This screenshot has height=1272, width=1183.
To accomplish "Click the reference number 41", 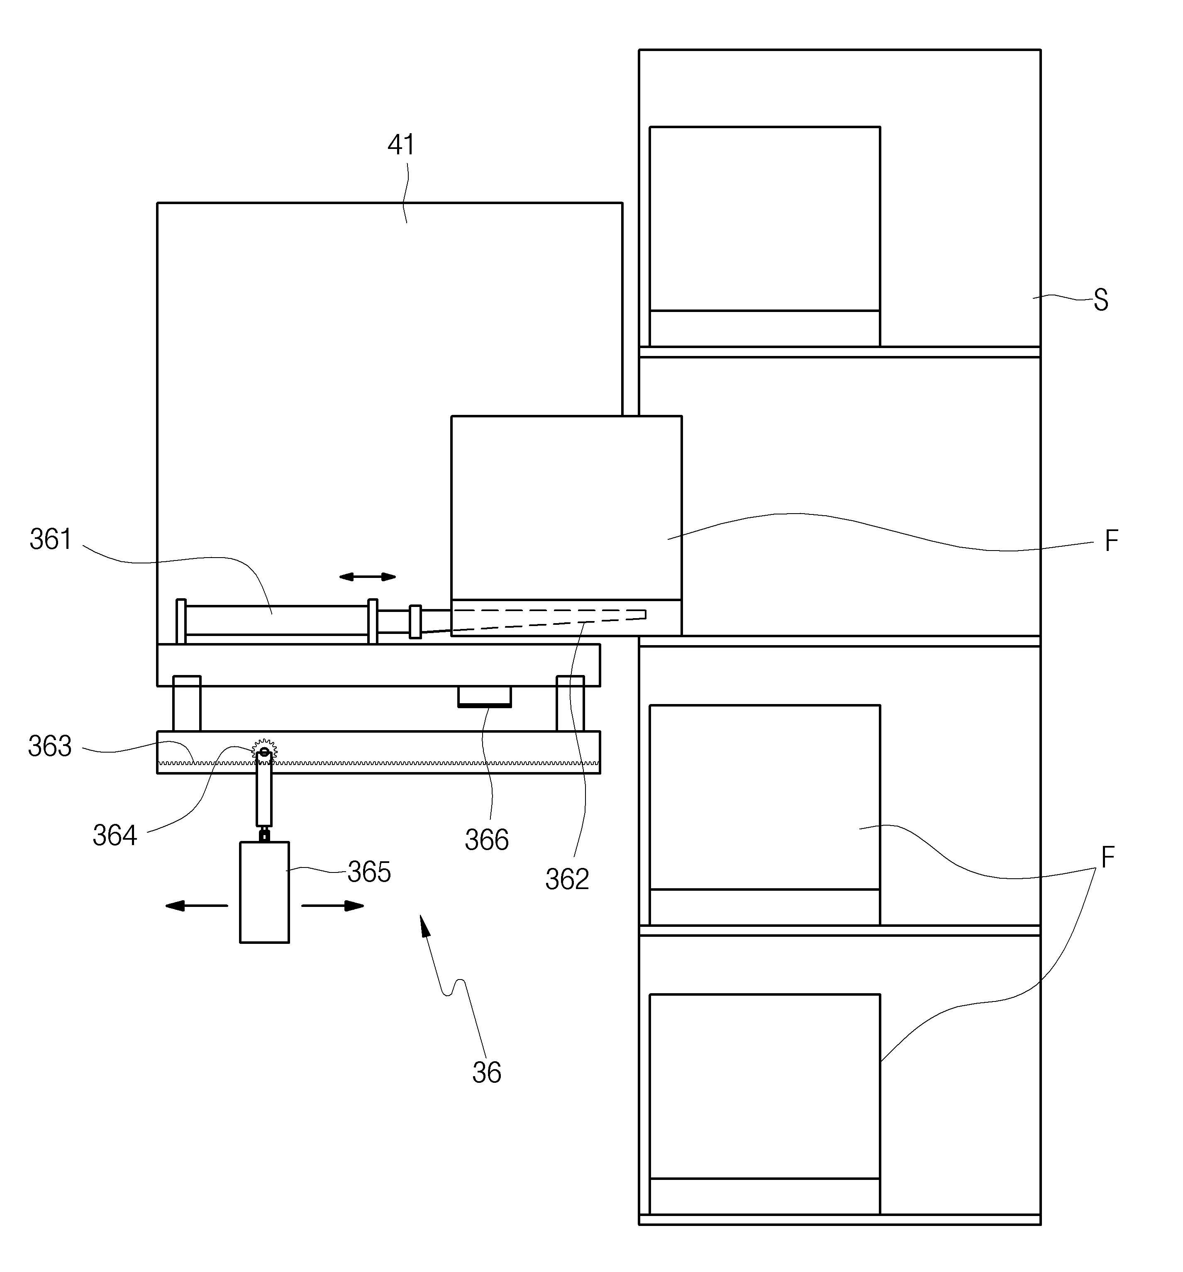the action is (401, 145).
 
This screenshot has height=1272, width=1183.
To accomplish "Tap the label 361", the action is (51, 539).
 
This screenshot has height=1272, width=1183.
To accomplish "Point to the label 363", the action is (50, 746).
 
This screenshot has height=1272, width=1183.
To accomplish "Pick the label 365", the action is (369, 872).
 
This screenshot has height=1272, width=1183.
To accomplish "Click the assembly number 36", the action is (487, 1072).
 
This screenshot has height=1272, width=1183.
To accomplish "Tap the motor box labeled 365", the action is (264, 892).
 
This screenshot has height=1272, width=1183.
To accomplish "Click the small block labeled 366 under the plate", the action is (484, 696).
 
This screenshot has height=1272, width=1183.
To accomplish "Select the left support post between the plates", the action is (187, 703).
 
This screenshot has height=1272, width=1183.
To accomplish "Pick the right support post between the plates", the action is (570, 703).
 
